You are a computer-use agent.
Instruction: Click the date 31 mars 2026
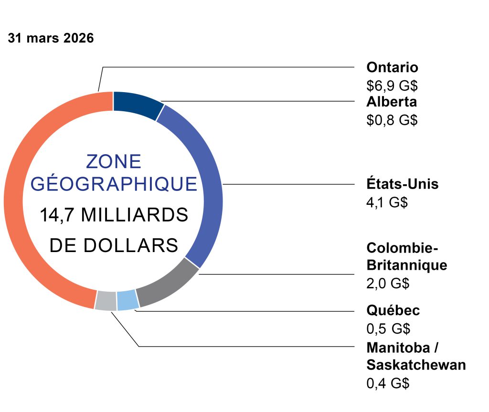(51, 39)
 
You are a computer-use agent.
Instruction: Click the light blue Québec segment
(128, 300)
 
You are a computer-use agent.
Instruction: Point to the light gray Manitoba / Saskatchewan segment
(106, 301)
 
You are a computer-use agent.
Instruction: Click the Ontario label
(392, 67)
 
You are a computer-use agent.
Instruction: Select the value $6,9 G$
(392, 85)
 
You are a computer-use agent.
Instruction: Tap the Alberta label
(392, 102)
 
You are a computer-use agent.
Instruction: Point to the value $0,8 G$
(392, 120)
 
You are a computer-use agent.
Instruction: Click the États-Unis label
(402, 184)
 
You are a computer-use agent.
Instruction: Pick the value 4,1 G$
(387, 202)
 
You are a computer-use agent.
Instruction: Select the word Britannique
(407, 265)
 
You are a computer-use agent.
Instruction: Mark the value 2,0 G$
(388, 283)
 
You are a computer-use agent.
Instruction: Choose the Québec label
(393, 310)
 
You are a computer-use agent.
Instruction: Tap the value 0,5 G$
(388, 329)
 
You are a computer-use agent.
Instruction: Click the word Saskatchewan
(415, 365)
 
